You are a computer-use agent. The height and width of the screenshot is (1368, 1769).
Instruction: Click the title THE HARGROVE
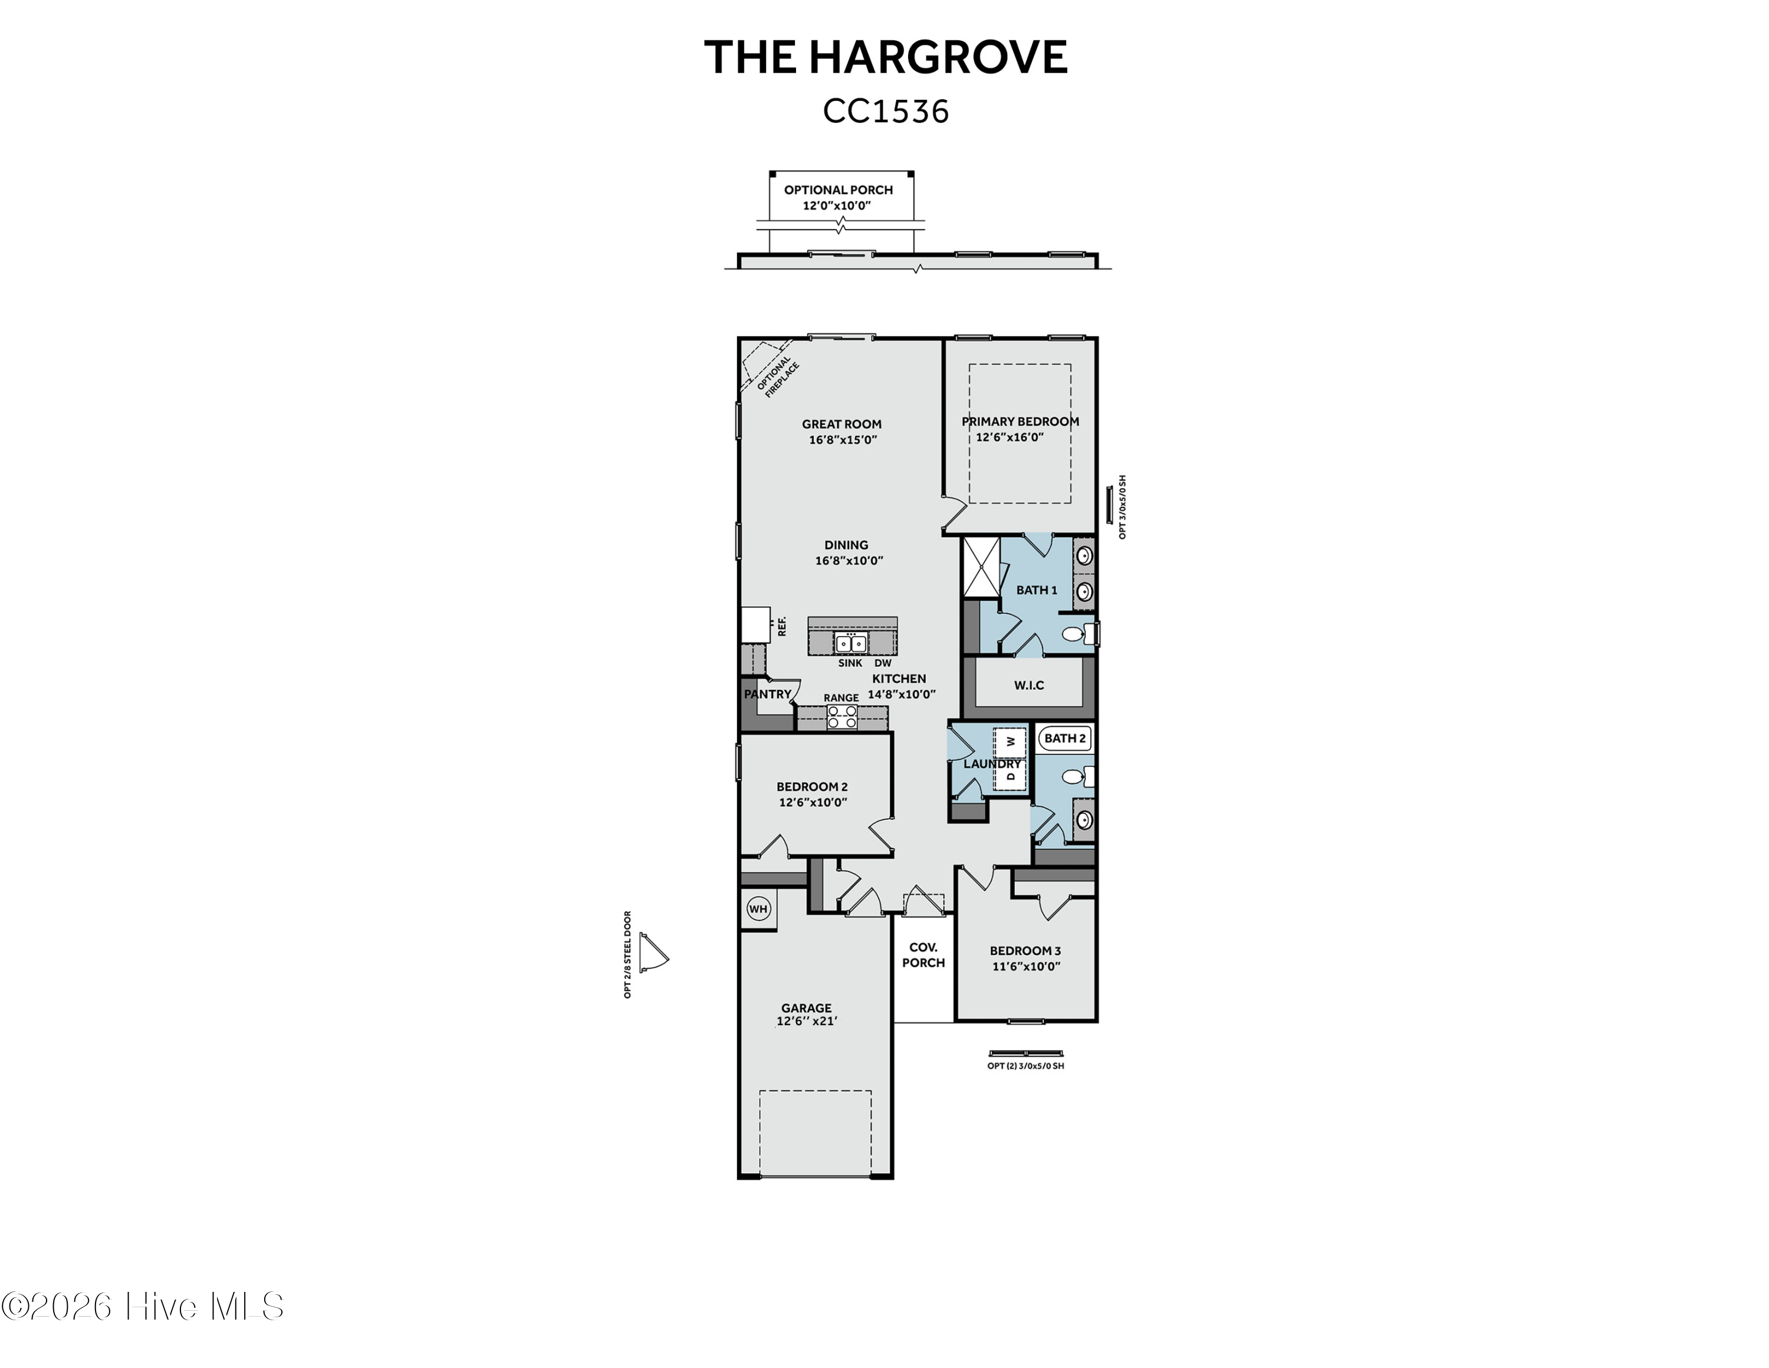point(885,57)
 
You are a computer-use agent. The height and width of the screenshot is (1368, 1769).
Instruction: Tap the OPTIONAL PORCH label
point(839,189)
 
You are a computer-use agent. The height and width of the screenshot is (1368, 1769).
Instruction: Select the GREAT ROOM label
point(841,424)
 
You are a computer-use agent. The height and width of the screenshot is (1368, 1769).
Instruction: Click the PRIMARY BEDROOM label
point(1020,421)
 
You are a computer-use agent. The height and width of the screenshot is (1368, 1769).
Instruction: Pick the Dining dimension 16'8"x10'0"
point(848,561)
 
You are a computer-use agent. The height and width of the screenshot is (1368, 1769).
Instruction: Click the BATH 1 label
point(1037,590)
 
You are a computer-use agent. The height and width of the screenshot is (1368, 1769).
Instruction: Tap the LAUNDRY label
point(992,764)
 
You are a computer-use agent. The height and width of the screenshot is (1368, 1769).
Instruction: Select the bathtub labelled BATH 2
point(1065,738)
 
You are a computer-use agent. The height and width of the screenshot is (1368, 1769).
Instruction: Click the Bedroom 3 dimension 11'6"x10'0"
point(1026,966)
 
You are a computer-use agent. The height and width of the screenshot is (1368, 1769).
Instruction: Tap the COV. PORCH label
point(923,955)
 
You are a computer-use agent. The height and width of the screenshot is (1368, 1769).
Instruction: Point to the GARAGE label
point(807,1008)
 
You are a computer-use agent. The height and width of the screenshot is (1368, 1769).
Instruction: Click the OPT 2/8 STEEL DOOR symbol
point(652,953)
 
